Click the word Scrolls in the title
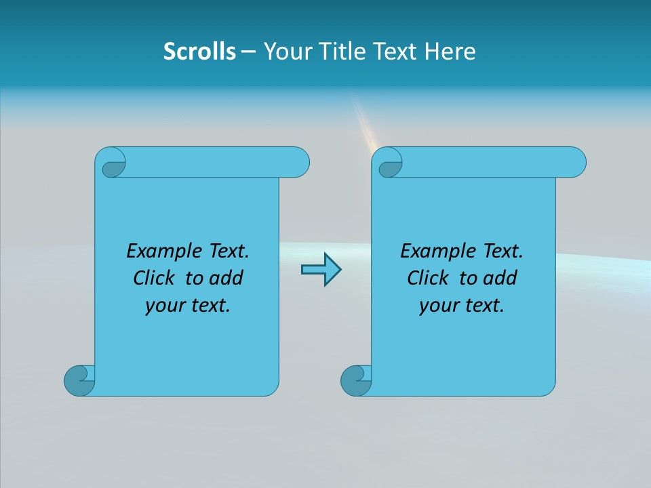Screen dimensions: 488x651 pyautogui.click(x=199, y=52)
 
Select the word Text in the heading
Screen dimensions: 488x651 pyautogui.click(x=395, y=52)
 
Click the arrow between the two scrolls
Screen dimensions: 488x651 pyautogui.click(x=321, y=270)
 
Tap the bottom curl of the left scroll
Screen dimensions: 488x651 pyautogui.click(x=79, y=380)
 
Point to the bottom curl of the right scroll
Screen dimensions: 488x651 pyautogui.click(x=355, y=380)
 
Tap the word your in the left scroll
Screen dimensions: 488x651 pyautogui.click(x=163, y=306)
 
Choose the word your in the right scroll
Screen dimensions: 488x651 pyautogui.click(x=437, y=306)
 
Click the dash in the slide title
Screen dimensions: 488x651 pyautogui.click(x=249, y=52)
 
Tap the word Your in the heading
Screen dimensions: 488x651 pyautogui.click(x=283, y=52)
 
